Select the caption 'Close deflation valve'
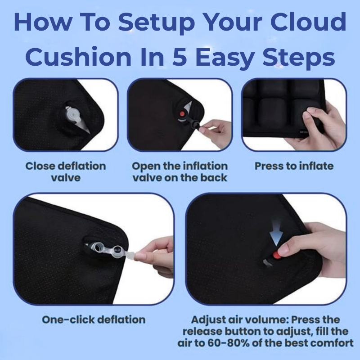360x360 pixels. tap(65, 171)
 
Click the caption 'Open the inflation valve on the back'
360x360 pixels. tap(180, 171)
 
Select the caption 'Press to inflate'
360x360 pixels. tap(294, 166)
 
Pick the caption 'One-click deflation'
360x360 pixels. tap(94, 320)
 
